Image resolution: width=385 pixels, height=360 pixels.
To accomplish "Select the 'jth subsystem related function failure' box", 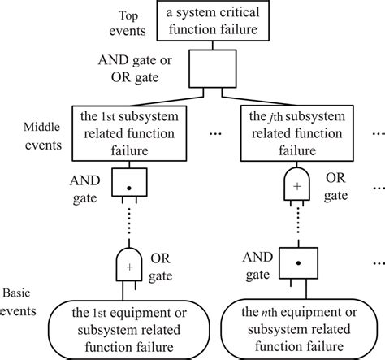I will pyautogui.click(x=301, y=132).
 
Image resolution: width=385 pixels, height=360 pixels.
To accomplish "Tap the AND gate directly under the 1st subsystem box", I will pyautogui.click(x=130, y=184).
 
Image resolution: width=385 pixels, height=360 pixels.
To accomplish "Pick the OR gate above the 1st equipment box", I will pyautogui.click(x=130, y=262).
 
